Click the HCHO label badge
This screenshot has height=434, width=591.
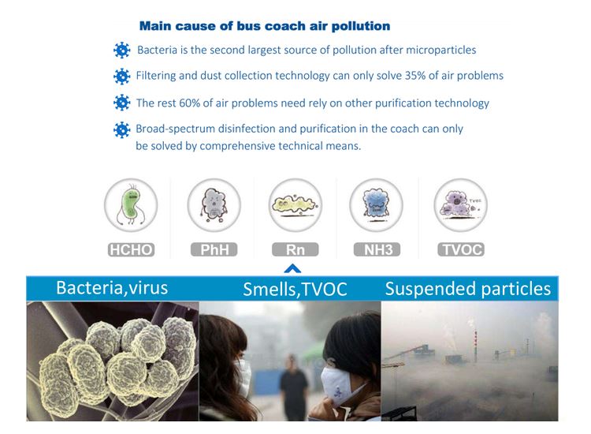coord(131,249)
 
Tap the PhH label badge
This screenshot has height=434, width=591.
coord(214,249)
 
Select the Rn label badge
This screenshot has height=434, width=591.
coord(295,249)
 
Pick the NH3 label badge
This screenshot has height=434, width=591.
coord(377,249)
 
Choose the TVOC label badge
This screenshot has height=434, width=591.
coord(461,249)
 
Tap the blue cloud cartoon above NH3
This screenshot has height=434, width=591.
coord(376,204)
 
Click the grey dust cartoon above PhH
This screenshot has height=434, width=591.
coord(214,204)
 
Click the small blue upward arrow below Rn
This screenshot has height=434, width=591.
coord(292,268)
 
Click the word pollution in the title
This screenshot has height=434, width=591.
coord(361,26)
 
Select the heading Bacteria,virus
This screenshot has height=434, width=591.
coord(112,288)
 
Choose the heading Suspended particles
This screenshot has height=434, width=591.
coord(468,289)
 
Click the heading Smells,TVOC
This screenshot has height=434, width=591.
coord(295,290)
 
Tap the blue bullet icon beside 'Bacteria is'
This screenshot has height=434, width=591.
coord(121,51)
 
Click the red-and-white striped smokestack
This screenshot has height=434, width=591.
coord(476,346)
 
